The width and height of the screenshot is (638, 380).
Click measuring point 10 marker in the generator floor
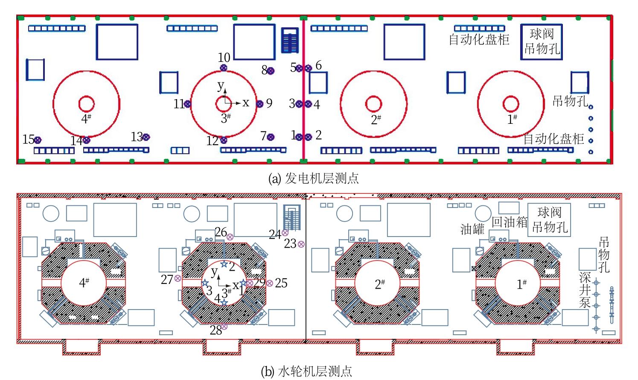coord(224,67)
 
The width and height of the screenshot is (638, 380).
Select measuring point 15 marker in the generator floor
coord(38,140)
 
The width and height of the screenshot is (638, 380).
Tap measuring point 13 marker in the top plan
coord(146,137)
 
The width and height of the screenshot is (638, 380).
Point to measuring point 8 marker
coord(271,71)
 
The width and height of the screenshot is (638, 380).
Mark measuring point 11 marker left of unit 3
coord(187,103)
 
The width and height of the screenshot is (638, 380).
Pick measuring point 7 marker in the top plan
coord(271,137)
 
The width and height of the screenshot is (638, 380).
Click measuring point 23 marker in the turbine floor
coord(301,244)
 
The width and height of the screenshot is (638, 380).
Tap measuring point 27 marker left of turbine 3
coord(178,278)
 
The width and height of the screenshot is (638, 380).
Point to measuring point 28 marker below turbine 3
coord(224,327)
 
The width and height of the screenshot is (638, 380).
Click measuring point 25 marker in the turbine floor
coord(269,283)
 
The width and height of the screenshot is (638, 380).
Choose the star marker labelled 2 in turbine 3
coord(224,264)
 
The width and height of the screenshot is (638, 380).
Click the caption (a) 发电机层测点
coord(313,178)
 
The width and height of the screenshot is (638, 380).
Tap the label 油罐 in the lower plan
coord(472,229)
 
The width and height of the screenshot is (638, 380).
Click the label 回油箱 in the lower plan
coord(510,222)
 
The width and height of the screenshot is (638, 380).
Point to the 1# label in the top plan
coord(512,120)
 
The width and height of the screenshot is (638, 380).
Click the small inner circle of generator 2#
coord(373,103)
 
